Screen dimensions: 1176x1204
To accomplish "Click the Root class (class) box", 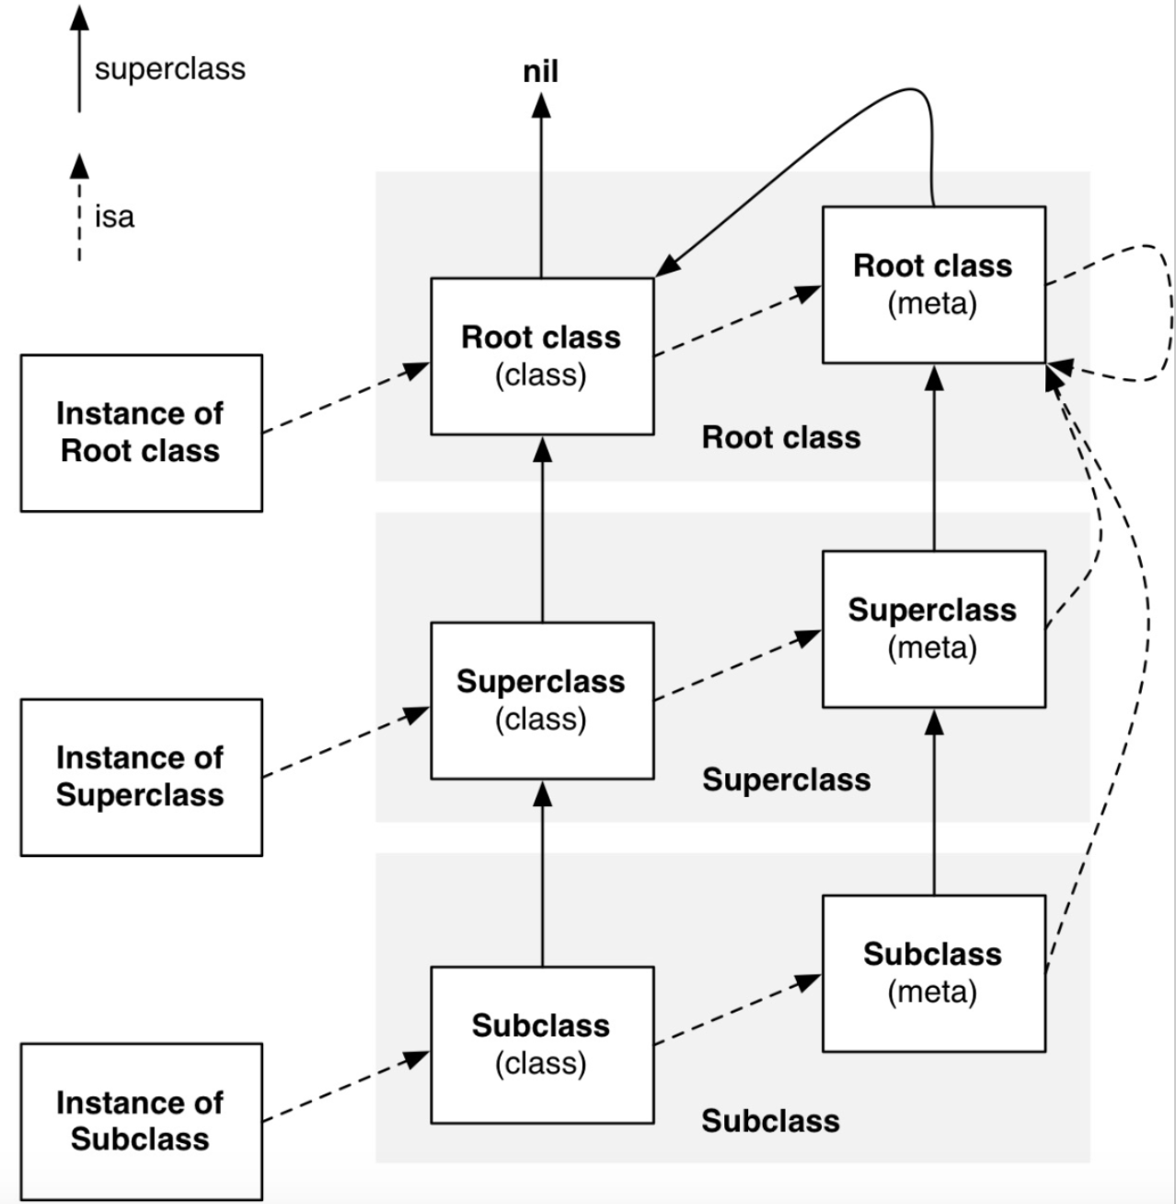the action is [x=542, y=356].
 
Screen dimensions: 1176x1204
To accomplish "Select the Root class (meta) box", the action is [x=934, y=284].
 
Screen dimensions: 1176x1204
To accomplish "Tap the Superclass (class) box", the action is [x=542, y=700].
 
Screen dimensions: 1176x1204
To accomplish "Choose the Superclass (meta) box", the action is [x=934, y=630].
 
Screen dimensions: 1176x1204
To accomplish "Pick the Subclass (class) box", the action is [x=542, y=1045].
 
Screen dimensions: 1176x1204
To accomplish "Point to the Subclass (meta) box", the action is [x=934, y=973].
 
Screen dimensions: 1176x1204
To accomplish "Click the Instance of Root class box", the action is [x=142, y=434].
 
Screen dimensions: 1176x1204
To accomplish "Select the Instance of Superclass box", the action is [x=142, y=778].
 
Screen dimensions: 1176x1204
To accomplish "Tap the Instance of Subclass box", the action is [x=142, y=1122].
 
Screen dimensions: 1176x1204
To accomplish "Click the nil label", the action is [x=541, y=71].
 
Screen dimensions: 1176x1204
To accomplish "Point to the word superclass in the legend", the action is [x=170, y=69].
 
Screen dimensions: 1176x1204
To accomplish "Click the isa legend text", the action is [x=114, y=216].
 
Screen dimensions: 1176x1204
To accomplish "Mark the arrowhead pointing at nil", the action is [x=541, y=105].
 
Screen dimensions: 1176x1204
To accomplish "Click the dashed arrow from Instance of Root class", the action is [x=346, y=398].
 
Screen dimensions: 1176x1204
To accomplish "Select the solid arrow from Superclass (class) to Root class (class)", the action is [x=543, y=529].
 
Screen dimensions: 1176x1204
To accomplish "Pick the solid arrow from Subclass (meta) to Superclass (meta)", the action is [x=934, y=802].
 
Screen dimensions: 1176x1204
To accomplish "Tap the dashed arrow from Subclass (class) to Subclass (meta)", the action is [x=738, y=1010].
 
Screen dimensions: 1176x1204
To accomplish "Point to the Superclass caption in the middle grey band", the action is [x=786, y=780].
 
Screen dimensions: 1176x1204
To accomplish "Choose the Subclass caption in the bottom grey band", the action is [x=771, y=1121].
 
